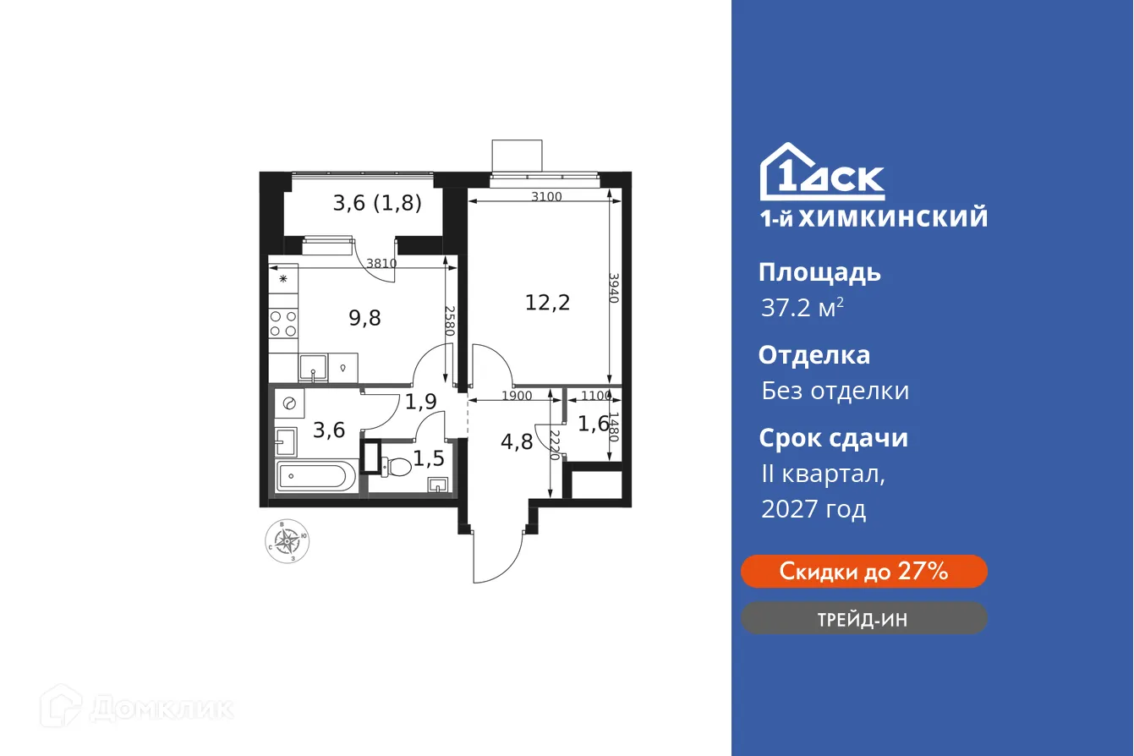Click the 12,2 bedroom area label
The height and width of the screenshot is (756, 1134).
(x=547, y=302)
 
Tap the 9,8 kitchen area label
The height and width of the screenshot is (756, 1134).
(x=365, y=317)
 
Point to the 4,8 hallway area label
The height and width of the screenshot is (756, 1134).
(x=516, y=441)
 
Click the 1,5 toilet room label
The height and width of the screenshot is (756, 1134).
(x=429, y=459)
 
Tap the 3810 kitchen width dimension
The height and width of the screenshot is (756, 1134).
(x=381, y=263)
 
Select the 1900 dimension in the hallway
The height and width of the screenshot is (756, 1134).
(x=516, y=395)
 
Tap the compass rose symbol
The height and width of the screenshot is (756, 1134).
(x=288, y=540)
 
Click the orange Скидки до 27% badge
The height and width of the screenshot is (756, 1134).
(x=863, y=572)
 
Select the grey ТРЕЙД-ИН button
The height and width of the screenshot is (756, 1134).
(x=863, y=619)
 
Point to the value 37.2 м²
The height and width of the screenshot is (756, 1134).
(x=802, y=308)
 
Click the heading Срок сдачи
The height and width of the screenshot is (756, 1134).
(x=833, y=438)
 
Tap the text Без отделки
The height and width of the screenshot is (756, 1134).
(x=835, y=391)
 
